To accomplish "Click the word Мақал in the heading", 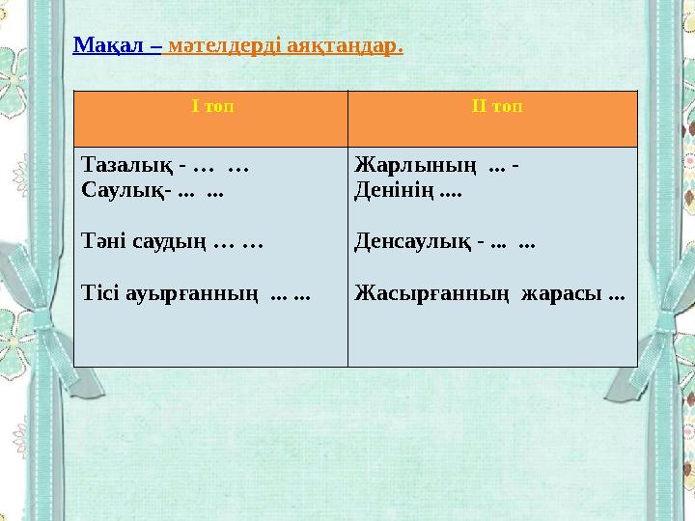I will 106,45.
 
